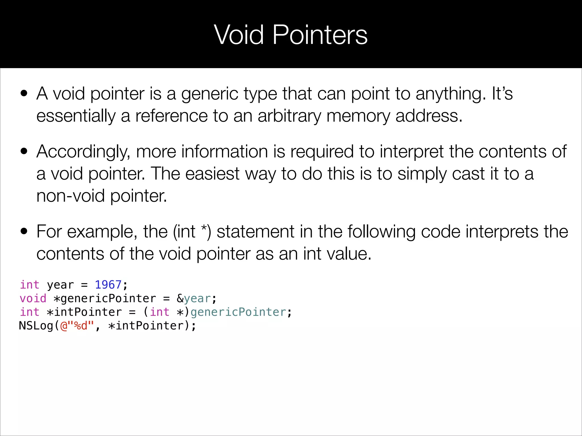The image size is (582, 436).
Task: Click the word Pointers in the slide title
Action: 320,35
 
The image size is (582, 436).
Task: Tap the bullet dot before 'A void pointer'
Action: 24,93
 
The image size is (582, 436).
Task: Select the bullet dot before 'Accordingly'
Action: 24,151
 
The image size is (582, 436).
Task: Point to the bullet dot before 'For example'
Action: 24,231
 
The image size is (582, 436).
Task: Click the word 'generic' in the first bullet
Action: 209,94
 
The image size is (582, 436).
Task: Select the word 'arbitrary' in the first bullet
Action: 289,116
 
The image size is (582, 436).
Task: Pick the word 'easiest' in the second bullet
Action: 212,174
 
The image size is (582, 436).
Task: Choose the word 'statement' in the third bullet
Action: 255,232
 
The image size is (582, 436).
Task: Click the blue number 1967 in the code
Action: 108,285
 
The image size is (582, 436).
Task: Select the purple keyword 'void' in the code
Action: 33,298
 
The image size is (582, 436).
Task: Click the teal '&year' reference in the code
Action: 194,298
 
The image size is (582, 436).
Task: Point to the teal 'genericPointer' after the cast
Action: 238,312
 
